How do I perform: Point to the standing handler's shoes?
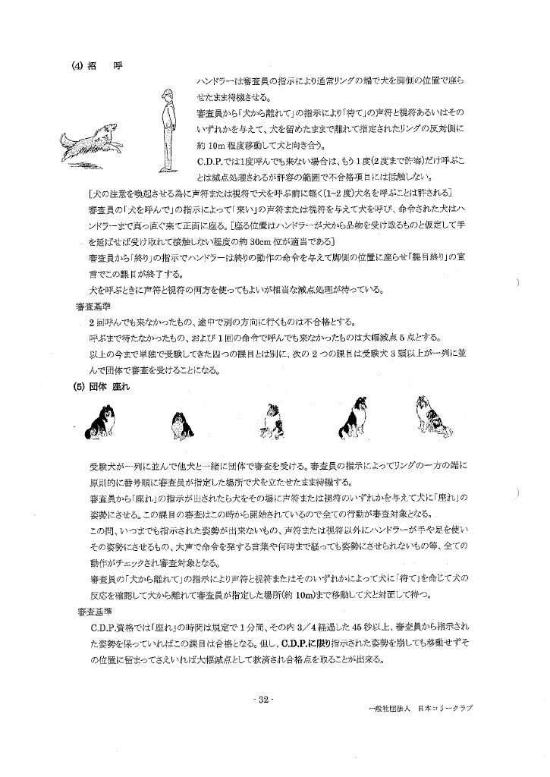[x=161, y=169]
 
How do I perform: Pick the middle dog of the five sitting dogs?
[x=270, y=420]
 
